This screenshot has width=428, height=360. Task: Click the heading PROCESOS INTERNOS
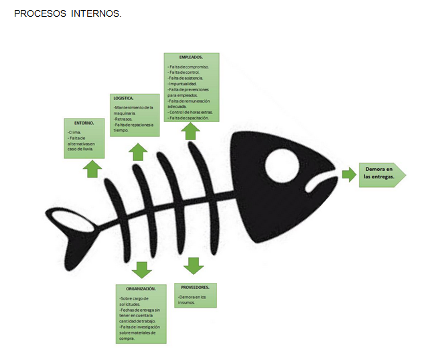(67, 13)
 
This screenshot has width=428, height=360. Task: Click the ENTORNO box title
(84, 123)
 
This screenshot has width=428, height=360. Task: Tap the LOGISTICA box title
(124, 98)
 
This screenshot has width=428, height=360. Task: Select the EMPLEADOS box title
(191, 58)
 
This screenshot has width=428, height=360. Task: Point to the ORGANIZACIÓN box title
(141, 288)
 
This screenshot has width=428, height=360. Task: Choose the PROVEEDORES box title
(195, 286)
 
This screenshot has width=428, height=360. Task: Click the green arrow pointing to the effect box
(349, 174)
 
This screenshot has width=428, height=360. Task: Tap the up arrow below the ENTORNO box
(92, 168)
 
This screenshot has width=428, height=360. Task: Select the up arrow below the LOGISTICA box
(138, 152)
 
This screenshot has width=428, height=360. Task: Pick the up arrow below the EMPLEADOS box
(190, 131)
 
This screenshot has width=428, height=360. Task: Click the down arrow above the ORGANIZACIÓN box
(141, 269)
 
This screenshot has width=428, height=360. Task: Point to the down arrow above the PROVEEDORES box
(194, 265)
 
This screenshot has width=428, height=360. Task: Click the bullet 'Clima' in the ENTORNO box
(76, 133)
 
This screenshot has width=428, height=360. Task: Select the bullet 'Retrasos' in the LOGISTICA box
(124, 119)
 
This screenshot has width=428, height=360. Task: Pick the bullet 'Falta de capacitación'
(190, 117)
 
